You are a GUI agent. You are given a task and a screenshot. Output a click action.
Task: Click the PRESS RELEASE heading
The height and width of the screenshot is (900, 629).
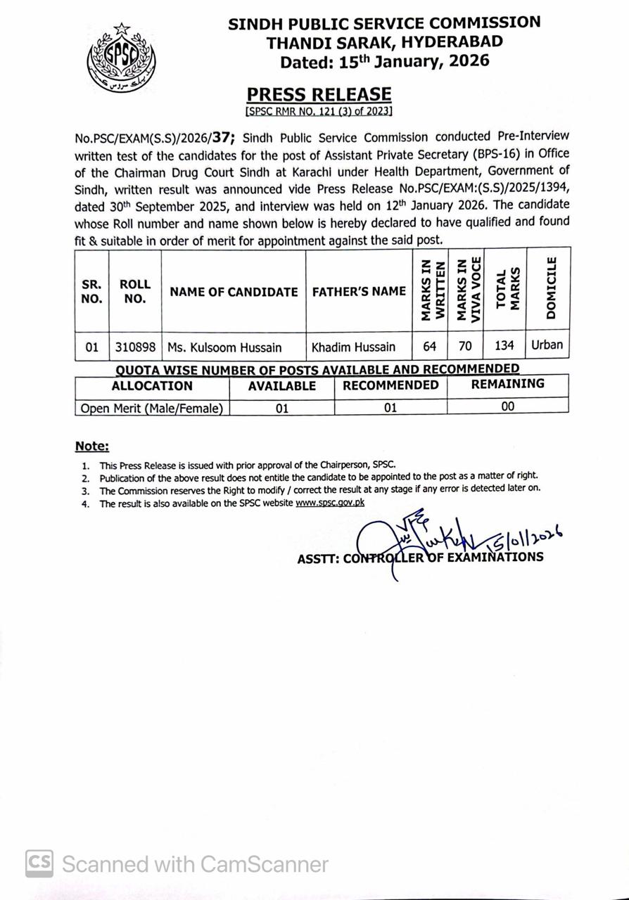(319, 94)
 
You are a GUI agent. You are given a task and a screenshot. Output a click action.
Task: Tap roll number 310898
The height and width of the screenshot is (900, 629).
(135, 347)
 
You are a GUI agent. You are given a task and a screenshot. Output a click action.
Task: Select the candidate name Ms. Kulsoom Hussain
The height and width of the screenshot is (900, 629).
(224, 347)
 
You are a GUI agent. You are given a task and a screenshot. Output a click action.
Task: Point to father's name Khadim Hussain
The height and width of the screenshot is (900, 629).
(353, 347)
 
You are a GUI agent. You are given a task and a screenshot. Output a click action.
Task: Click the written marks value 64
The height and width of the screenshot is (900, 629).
(429, 346)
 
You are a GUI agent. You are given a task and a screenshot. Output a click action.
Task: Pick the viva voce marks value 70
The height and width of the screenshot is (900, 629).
(465, 346)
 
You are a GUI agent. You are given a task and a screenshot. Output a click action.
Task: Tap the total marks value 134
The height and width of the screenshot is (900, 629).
(504, 346)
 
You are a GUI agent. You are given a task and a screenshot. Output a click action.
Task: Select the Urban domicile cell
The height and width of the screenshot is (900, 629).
(548, 345)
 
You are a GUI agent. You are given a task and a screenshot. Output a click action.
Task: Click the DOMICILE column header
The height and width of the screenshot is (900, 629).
(550, 288)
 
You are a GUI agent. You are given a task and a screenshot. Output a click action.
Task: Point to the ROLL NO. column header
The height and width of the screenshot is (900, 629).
(134, 291)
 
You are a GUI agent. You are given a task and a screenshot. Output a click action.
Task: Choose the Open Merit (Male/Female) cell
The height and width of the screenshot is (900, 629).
(151, 408)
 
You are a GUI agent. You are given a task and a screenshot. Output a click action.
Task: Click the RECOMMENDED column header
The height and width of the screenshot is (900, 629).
(390, 385)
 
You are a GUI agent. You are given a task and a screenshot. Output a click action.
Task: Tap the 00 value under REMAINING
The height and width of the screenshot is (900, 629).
(507, 406)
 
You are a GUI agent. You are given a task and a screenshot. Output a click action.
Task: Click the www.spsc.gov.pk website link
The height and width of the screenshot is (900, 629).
(330, 503)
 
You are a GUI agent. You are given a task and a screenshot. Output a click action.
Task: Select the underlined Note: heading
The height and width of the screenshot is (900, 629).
(92, 446)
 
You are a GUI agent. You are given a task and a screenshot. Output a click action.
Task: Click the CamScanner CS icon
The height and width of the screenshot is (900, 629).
(40, 863)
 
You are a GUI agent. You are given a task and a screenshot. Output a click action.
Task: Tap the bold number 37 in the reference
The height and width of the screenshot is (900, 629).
(222, 137)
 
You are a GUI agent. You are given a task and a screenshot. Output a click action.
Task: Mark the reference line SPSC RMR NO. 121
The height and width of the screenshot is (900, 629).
(319, 111)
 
